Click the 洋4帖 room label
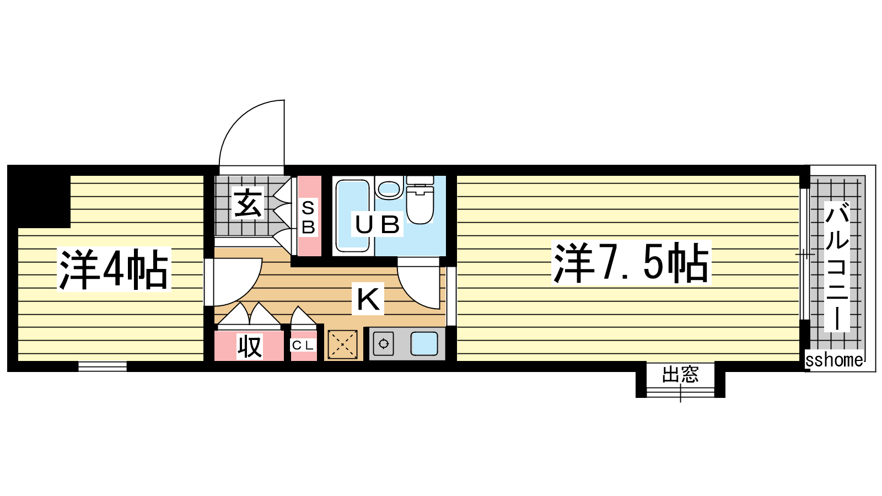click(114, 269)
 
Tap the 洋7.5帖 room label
click(631, 262)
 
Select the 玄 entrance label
click(248, 203)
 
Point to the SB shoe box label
click(309, 217)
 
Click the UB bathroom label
click(377, 224)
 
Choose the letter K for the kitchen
click(368, 299)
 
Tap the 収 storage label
click(250, 347)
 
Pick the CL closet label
click(303, 346)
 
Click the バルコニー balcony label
click(837, 266)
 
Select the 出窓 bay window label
click(680, 374)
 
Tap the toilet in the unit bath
click(420, 200)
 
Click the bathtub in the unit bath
click(352, 215)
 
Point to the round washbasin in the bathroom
click(389, 188)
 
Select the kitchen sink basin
click(424, 344)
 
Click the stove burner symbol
click(384, 344)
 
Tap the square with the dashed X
click(342, 344)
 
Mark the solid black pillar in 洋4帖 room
click(39, 197)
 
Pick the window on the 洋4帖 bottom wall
click(103, 366)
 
